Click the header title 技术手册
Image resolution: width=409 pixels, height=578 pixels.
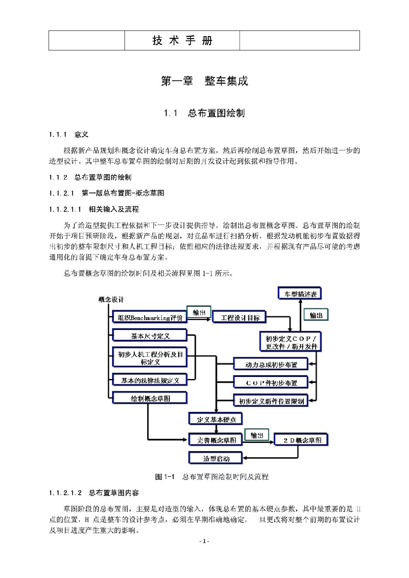tap(182, 40)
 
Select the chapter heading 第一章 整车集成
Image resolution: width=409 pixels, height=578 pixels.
tap(204, 81)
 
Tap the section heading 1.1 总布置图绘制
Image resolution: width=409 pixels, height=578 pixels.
tap(204, 113)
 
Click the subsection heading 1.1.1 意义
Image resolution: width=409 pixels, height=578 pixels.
tap(68, 135)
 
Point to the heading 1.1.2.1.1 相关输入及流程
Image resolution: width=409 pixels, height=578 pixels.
tap(94, 209)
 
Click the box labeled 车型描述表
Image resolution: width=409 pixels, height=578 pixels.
tap(300, 294)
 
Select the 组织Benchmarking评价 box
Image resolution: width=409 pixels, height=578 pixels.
tap(150, 318)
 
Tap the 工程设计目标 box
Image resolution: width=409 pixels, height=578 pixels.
tap(240, 318)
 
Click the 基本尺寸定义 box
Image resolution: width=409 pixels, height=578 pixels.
tap(150, 336)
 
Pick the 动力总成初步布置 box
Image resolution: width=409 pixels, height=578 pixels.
tap(271, 365)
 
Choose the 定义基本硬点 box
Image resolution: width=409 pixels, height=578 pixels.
tap(216, 419)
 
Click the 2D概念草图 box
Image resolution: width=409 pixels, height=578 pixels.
tap(301, 440)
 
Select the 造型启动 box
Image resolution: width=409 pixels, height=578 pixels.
tap(216, 458)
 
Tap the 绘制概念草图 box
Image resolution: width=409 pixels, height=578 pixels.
tap(150, 398)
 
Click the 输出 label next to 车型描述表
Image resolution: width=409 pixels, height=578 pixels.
tap(316, 315)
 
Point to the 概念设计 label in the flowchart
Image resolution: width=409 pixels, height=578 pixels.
tap(111, 300)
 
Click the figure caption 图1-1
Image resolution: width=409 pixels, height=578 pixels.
tap(212, 477)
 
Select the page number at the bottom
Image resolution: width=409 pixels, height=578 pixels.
tap(204, 541)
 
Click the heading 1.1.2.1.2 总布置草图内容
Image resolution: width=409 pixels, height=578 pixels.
tap(94, 493)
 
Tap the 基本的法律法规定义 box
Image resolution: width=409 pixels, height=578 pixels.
tap(150, 380)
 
